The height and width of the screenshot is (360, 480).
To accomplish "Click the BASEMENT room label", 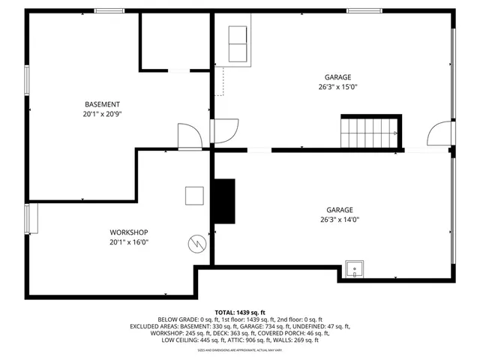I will (x=102, y=104).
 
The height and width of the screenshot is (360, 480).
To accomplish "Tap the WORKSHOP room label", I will (x=129, y=232).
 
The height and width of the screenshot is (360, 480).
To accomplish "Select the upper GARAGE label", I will (x=337, y=77).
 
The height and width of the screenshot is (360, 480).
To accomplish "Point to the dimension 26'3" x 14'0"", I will (x=338, y=220).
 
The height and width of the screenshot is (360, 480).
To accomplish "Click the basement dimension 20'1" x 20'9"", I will (x=102, y=114).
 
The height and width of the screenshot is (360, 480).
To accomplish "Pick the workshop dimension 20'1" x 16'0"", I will (x=129, y=242).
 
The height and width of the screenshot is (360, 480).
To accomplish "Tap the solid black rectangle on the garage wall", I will (x=223, y=201).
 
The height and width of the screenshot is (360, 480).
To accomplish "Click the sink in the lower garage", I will (x=354, y=268).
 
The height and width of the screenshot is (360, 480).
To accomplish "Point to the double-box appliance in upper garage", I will (x=238, y=43).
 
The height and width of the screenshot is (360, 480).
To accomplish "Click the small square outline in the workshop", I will (x=195, y=195).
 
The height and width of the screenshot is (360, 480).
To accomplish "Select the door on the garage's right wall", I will (x=441, y=134).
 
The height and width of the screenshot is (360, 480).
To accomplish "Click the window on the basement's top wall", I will (x=109, y=11).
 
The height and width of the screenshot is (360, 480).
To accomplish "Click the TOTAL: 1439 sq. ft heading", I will (x=240, y=313).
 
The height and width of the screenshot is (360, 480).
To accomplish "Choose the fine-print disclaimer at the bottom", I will (x=240, y=350).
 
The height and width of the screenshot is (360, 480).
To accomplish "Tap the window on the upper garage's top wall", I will (x=364, y=11).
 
